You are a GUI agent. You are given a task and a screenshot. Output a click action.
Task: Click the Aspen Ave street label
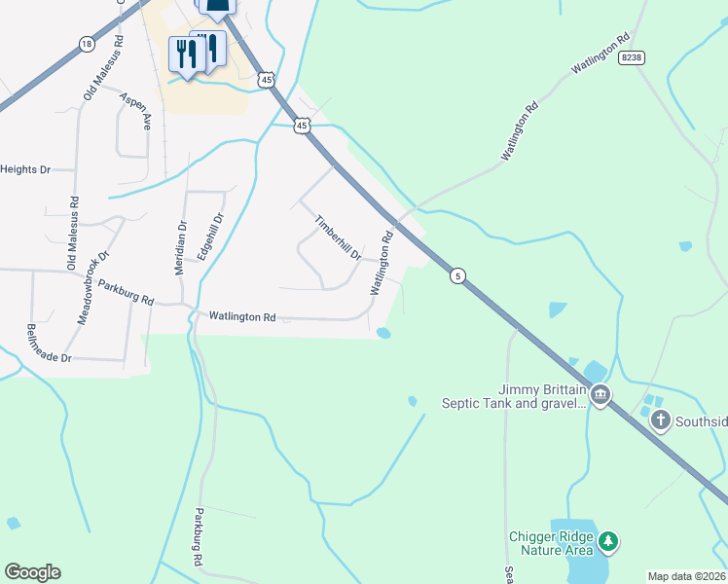pyautogui.click(x=136, y=112)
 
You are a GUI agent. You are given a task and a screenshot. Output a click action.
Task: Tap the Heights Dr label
pyautogui.click(x=25, y=169)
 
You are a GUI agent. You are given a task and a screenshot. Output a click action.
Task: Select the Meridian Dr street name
pyautogui.click(x=181, y=247)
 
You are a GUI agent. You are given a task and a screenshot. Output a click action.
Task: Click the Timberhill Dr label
pyautogui.click(x=338, y=237)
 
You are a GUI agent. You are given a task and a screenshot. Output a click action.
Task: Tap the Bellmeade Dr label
pyautogui.click(x=50, y=344)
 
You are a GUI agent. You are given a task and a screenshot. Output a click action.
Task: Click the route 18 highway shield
pyautogui.click(x=88, y=45)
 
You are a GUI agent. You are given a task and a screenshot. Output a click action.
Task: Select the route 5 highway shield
pyautogui.click(x=457, y=277)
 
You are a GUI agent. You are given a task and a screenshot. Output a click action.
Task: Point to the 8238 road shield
pyautogui.click(x=632, y=58)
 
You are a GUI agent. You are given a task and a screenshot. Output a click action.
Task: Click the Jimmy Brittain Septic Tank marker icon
pyautogui.click(x=601, y=394)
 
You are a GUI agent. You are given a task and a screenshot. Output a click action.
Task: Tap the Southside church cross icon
pyautogui.click(x=660, y=420)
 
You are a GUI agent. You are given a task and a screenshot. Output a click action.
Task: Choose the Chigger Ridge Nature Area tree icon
pyautogui.click(x=608, y=540)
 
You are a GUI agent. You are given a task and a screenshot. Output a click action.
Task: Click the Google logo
pyautogui.click(x=32, y=572)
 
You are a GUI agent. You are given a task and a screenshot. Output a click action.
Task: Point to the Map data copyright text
pyautogui.click(x=686, y=576)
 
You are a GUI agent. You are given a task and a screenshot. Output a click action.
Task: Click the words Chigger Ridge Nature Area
pyautogui.click(x=550, y=543)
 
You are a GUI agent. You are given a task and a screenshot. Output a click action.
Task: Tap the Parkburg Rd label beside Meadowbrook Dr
pyautogui.click(x=126, y=294)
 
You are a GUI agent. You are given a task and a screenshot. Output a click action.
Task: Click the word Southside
pyautogui.click(x=701, y=420)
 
